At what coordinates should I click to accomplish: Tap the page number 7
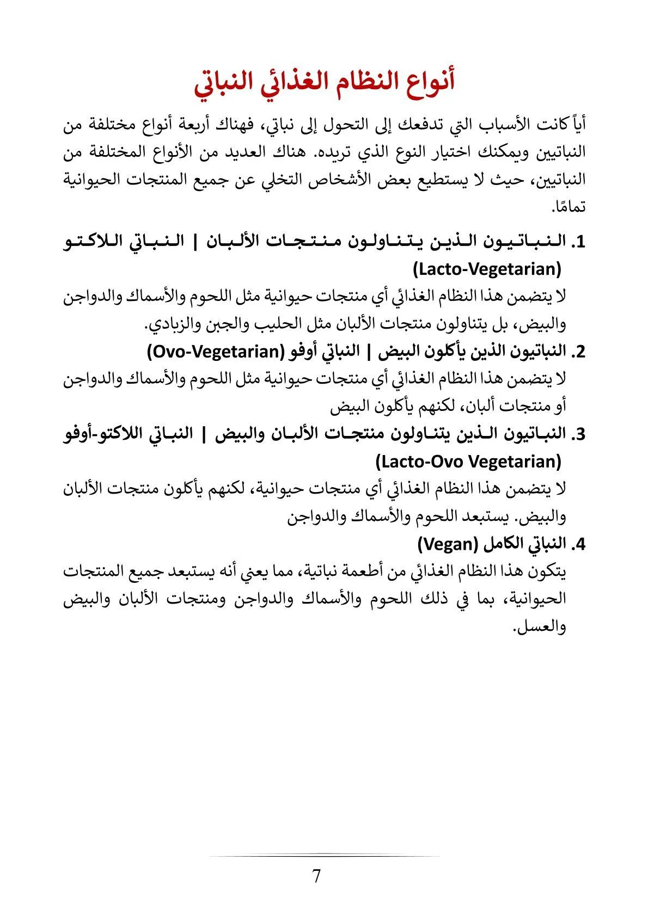click(316, 876)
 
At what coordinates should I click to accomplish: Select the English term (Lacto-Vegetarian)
click(487, 269)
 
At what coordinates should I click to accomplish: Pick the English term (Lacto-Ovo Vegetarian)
click(468, 462)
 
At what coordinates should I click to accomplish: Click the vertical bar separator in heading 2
click(368, 352)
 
